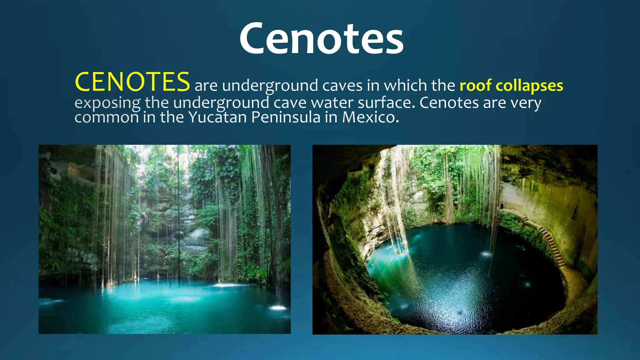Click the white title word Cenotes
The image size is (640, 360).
pyautogui.click(x=321, y=39)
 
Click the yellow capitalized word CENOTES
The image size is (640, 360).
pyautogui.click(x=132, y=82)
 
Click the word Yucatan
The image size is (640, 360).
pyautogui.click(x=217, y=117)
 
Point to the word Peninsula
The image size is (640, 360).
pyautogui.click(x=286, y=117)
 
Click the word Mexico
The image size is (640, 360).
pyautogui.click(x=371, y=117)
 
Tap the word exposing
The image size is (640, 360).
pyautogui.click(x=107, y=103)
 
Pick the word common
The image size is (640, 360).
pyautogui.click(x=107, y=118)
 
